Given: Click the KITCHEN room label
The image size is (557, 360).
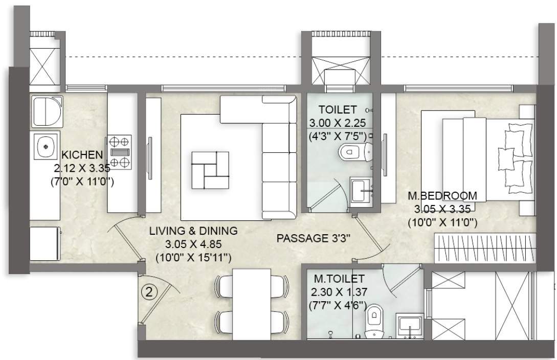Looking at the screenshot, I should coord(82,154).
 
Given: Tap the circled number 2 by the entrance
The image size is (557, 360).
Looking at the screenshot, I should coord(148,293).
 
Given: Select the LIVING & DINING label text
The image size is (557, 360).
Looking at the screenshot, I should coord(193,231).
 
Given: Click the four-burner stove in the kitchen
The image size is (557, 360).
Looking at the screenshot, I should coord(119,151).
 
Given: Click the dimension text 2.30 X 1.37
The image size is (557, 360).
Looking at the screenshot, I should coord(339,292).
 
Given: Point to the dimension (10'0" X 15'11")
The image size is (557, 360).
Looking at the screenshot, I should coord(193,256).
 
